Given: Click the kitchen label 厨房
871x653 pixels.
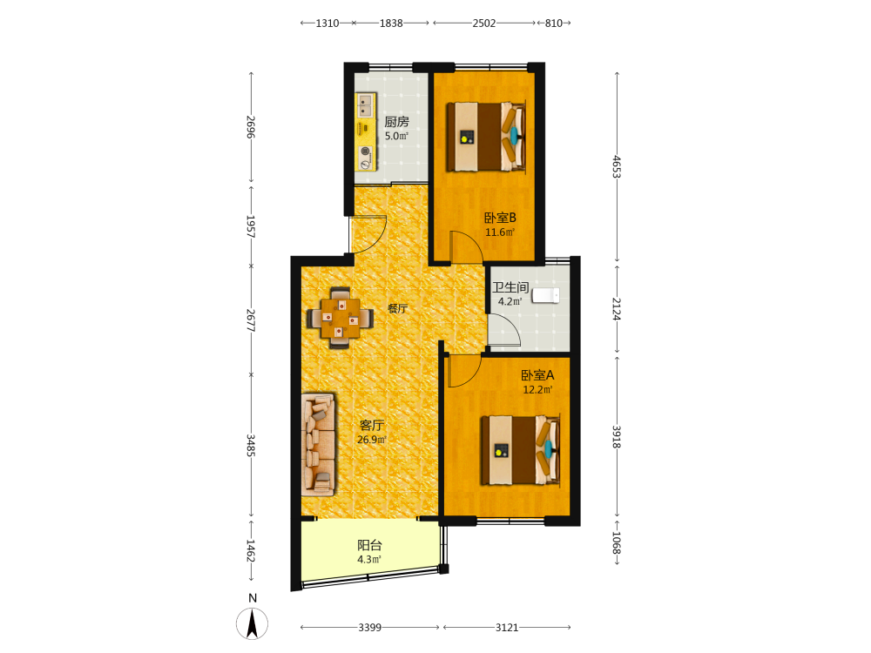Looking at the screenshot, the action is click(396, 122).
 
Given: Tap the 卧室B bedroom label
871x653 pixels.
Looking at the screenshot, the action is click(500, 218).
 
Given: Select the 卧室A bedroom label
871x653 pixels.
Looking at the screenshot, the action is click(537, 375).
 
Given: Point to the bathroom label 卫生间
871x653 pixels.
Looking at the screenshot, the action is click(510, 287).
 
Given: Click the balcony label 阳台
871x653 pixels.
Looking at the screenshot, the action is click(369, 545).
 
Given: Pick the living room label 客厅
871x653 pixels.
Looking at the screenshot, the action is click(372, 426).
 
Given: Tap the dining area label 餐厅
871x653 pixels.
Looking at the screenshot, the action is click(398, 308).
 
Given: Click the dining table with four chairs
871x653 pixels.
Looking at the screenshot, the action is click(340, 318).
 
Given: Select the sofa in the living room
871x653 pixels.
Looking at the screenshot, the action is click(318, 445).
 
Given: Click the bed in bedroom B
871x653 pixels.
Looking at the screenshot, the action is click(486, 137).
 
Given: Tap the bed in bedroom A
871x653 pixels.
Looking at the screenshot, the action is click(520, 450).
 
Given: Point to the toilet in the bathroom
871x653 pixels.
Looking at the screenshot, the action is click(545, 295).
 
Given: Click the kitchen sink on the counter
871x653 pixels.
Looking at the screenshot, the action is click(364, 105).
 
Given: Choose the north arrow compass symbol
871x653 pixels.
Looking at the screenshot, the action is click(253, 623).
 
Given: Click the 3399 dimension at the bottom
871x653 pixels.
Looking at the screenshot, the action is click(369, 628).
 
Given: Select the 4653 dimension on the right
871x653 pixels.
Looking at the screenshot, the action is click(617, 166).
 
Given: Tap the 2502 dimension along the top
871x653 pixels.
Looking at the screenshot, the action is click(483, 24).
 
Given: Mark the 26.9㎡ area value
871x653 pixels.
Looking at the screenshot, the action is click(372, 440).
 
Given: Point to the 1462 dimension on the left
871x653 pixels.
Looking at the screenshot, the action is click(251, 551).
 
